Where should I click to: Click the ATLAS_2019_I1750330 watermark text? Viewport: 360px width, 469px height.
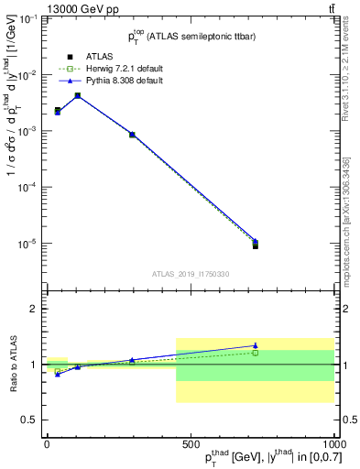(x=190, y=274)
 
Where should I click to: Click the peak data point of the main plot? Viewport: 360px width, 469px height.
(x=78, y=95)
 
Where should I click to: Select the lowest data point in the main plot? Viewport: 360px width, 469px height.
(x=256, y=245)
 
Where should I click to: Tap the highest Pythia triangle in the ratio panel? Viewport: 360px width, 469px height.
(x=256, y=345)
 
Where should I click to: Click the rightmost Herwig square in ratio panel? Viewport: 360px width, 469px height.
(x=256, y=353)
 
